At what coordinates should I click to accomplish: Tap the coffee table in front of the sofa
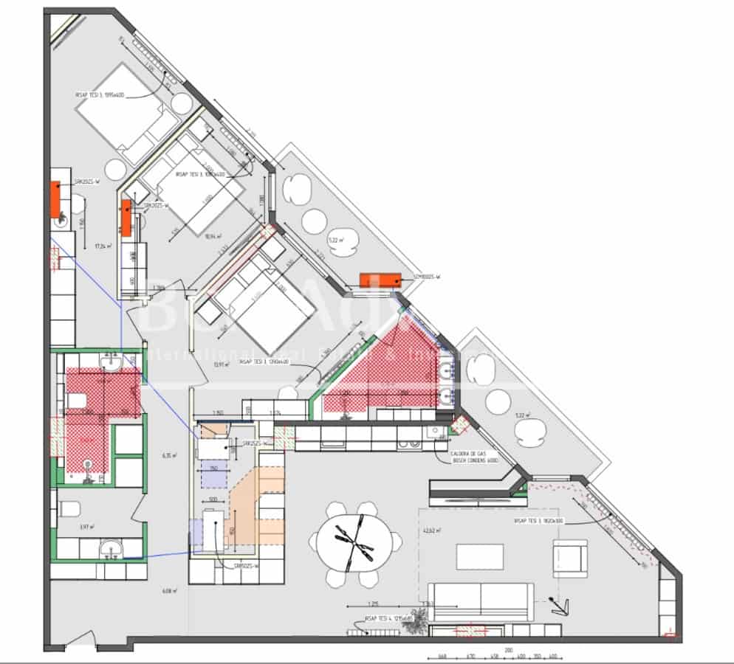[x=479, y=556]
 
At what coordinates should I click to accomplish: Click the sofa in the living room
[x=481, y=598]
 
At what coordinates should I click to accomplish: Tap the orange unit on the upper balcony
[x=380, y=279]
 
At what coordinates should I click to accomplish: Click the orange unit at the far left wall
[x=55, y=199]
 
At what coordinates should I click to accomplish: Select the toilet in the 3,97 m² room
[x=70, y=509]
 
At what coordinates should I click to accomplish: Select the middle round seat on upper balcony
[x=314, y=219]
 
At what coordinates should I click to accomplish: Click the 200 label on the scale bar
[x=508, y=649]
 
